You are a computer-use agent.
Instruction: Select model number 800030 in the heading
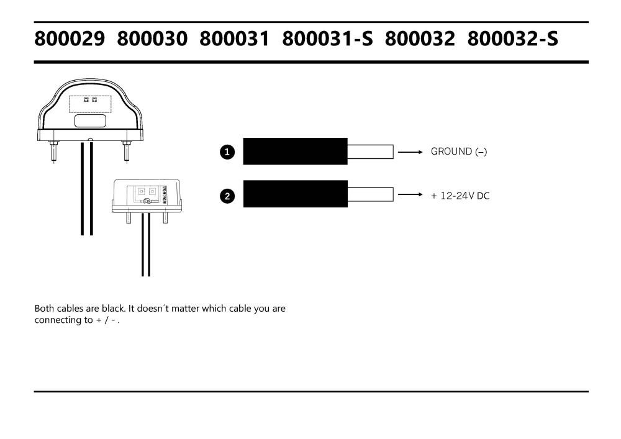[152, 40]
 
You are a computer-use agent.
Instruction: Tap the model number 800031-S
[328, 40]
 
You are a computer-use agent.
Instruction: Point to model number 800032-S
[513, 40]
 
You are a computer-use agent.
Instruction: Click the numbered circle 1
[228, 152]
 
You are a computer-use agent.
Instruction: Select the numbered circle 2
[228, 196]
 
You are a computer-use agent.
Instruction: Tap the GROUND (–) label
[458, 152]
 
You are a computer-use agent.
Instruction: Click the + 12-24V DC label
[460, 196]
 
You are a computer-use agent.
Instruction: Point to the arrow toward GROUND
[410, 152]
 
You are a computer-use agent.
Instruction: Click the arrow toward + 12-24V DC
[410, 195]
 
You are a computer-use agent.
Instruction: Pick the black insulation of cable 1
[295, 152]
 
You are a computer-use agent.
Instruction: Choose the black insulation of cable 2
[295, 194]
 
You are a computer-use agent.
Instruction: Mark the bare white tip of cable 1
[370, 152]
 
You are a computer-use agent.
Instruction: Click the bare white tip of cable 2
[370, 194]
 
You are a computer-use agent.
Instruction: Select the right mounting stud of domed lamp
[127, 149]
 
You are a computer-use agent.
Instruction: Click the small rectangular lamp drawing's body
[146, 196]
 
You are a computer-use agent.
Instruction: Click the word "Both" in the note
[45, 309]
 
